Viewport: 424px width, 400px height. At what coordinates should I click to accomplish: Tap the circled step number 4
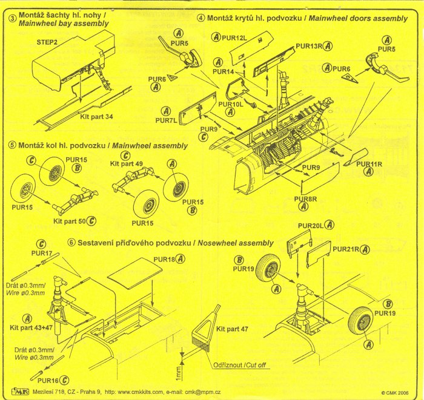pos(200,18)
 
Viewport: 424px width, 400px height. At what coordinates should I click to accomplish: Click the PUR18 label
pos(165,259)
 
